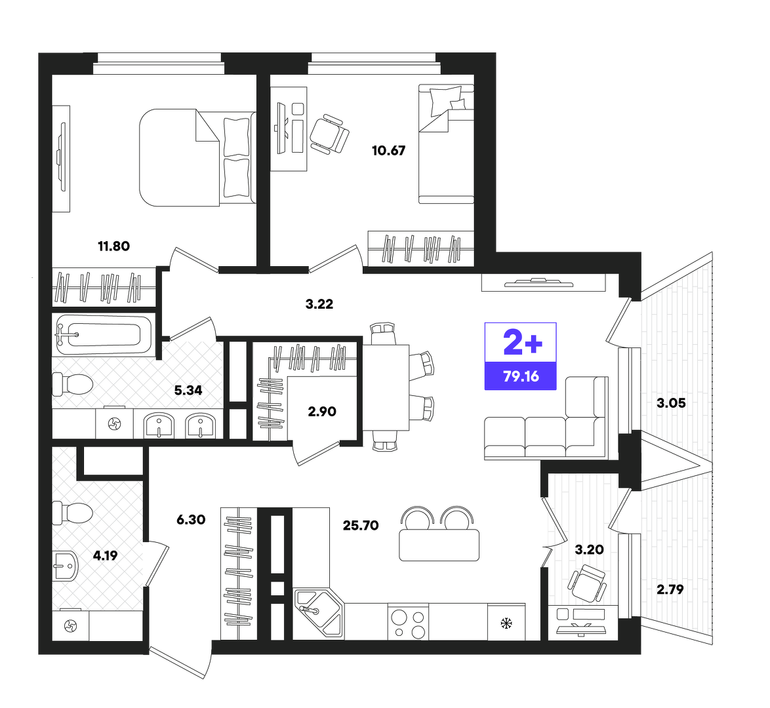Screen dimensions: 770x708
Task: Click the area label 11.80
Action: pyautogui.click(x=114, y=246)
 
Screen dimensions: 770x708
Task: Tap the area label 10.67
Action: pyautogui.click(x=388, y=151)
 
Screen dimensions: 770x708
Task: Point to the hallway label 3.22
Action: pyautogui.click(x=319, y=304)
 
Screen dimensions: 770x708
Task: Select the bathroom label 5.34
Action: pyautogui.click(x=188, y=391)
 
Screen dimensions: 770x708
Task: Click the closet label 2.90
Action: pyautogui.click(x=322, y=412)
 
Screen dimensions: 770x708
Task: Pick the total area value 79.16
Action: pyautogui.click(x=521, y=376)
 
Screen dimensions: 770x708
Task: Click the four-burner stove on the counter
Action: pyautogui.click(x=408, y=622)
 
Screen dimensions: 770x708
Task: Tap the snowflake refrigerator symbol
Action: pyautogui.click(x=506, y=623)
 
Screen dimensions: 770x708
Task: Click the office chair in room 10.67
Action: pyautogui.click(x=329, y=134)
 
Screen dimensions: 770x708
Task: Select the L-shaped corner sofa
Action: pyautogui.click(x=546, y=419)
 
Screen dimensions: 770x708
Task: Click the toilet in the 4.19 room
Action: pyautogui.click(x=73, y=513)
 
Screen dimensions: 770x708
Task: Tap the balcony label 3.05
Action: pyautogui.click(x=672, y=404)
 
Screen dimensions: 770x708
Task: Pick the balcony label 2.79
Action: pyautogui.click(x=670, y=589)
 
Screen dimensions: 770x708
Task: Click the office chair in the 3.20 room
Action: pyautogui.click(x=587, y=583)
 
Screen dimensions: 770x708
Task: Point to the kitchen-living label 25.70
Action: pyautogui.click(x=361, y=526)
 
